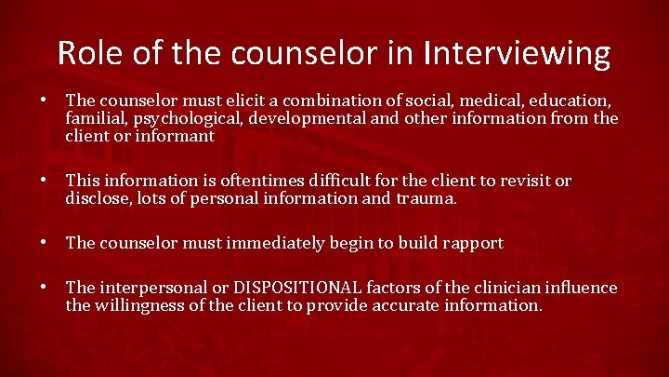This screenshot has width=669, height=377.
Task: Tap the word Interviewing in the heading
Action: [x=518, y=53]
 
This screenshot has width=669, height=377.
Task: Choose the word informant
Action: [x=177, y=136]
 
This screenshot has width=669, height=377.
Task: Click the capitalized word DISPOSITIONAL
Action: [x=295, y=289]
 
